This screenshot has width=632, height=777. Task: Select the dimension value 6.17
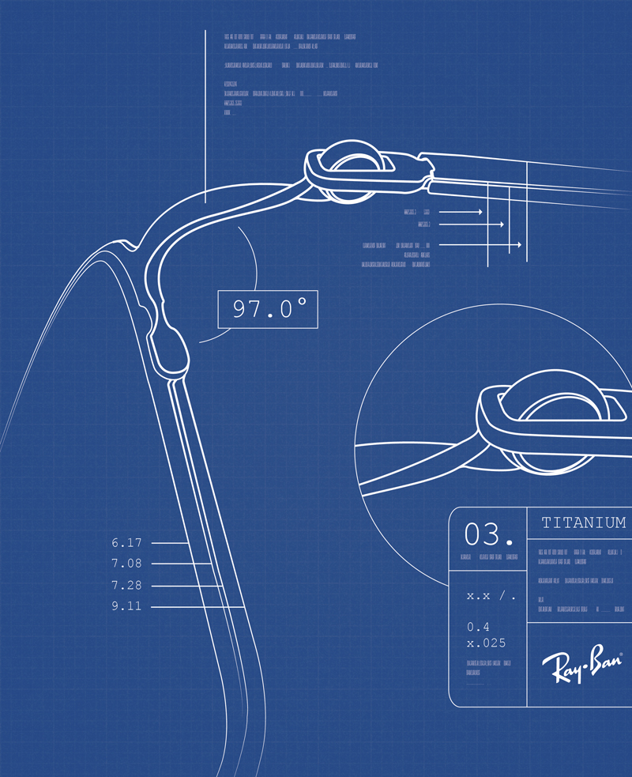click(x=126, y=543)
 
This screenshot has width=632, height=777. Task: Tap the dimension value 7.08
click(x=126, y=564)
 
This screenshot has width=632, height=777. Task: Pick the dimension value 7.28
click(x=126, y=585)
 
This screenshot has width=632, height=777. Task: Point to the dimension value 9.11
click(x=126, y=606)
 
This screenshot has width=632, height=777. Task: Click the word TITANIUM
click(x=584, y=522)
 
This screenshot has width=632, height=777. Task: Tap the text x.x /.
click(x=491, y=595)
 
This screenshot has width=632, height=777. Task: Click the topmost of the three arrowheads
click(x=479, y=213)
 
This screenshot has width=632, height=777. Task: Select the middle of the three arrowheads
click(x=500, y=224)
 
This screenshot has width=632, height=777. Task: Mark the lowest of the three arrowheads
click(x=518, y=246)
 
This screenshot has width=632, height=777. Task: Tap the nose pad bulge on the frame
click(x=170, y=348)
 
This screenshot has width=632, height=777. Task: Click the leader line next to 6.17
click(x=168, y=543)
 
